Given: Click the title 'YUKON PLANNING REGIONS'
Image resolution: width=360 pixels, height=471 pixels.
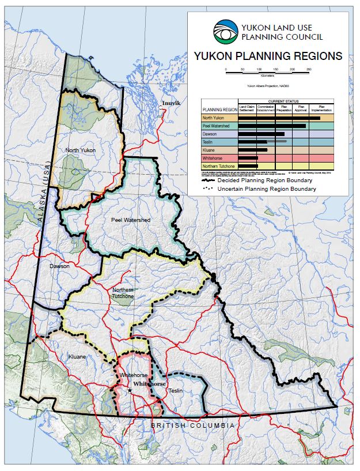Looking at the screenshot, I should [x=268, y=56].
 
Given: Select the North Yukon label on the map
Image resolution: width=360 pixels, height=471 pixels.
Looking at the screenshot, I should [x=80, y=150].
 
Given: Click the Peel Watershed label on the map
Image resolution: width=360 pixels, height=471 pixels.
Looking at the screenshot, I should [x=130, y=220].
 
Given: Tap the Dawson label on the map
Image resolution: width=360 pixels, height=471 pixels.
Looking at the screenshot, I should [x=59, y=266].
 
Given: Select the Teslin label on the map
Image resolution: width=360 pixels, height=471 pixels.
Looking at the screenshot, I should [x=175, y=391].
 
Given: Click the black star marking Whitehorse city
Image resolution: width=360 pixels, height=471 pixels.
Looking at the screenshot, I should [x=130, y=390].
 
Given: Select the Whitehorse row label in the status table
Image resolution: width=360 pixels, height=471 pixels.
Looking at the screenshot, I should [x=215, y=157].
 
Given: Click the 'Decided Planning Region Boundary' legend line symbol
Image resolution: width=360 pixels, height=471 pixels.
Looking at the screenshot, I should [x=209, y=180].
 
